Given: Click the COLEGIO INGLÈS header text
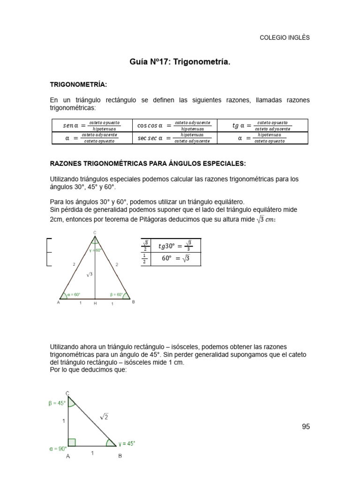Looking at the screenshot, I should coord(285,38).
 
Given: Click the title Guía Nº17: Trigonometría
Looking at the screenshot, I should coord(180,62).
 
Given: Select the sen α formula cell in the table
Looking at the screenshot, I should coord(92,125).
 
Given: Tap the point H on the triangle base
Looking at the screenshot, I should coord(95,304).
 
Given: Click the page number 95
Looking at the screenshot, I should coord(306,427).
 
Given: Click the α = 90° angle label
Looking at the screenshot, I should coord(59,449).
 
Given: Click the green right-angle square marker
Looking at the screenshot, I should coord(72,442).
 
